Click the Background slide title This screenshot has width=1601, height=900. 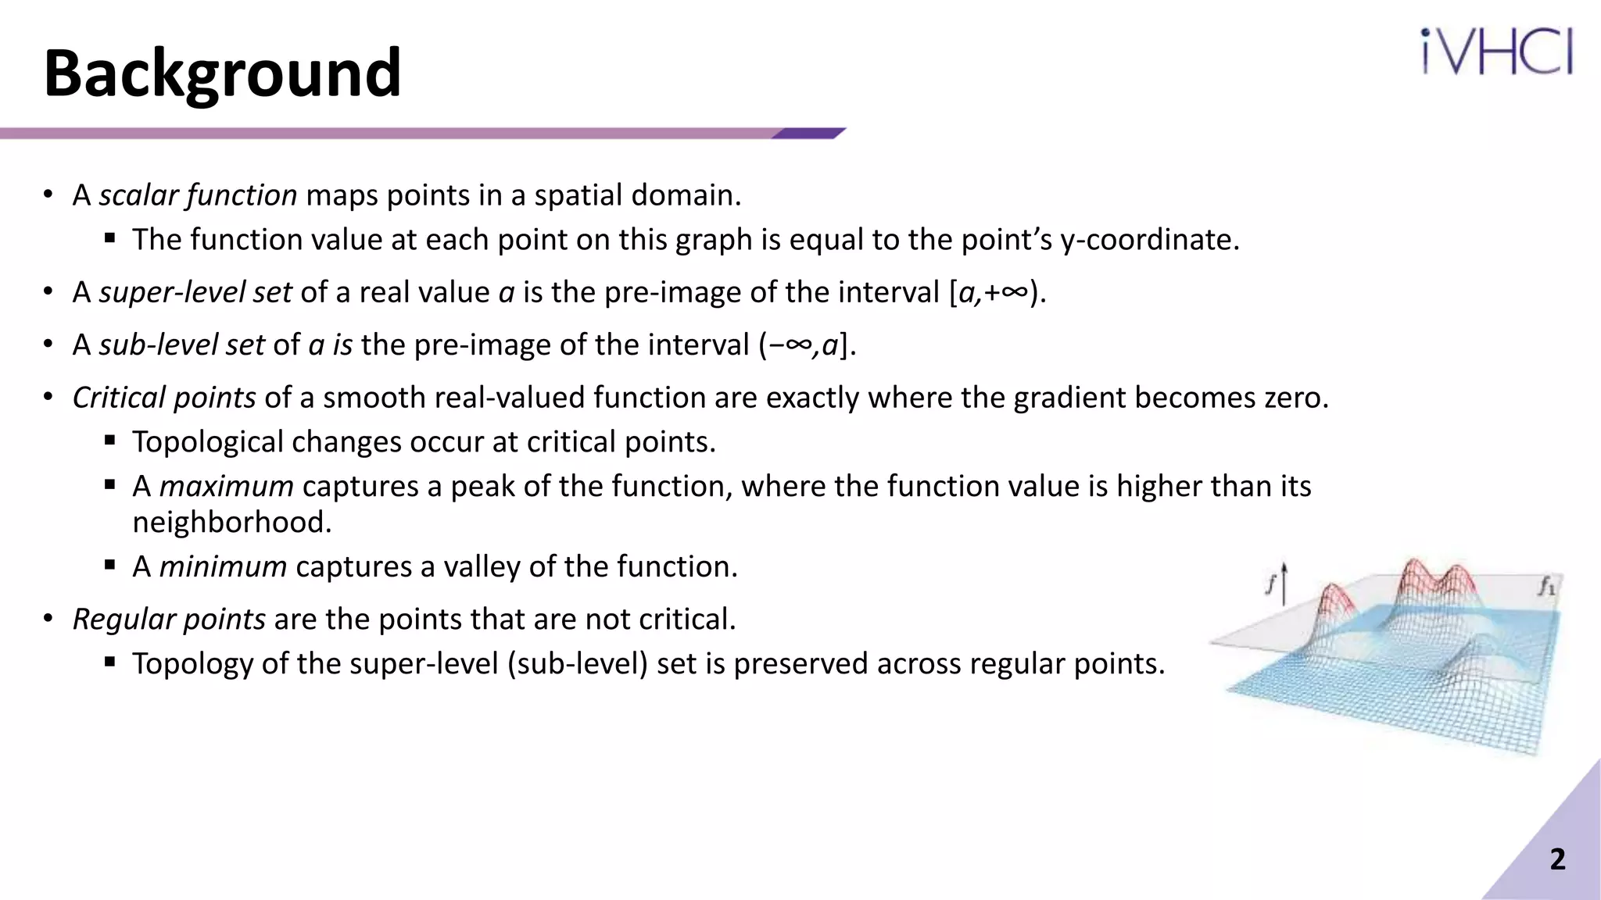(x=223, y=74)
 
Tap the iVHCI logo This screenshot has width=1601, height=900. (x=1496, y=52)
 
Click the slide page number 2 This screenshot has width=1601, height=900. (x=1557, y=859)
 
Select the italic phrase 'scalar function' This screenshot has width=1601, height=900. (x=198, y=195)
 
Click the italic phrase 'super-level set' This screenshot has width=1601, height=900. (x=195, y=292)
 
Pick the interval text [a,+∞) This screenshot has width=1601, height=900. (x=997, y=292)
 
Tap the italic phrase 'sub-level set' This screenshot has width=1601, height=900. (x=181, y=345)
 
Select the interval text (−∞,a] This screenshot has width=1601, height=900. (x=807, y=345)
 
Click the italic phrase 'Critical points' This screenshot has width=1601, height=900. (x=164, y=398)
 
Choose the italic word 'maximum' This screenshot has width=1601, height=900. (x=227, y=487)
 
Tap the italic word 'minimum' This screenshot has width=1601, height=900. (x=223, y=566)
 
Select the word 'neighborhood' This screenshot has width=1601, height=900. (x=231, y=523)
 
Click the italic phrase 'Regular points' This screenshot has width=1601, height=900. (x=169, y=620)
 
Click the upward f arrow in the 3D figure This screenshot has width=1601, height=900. (x=1283, y=583)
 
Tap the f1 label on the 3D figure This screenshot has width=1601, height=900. (x=1546, y=586)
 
